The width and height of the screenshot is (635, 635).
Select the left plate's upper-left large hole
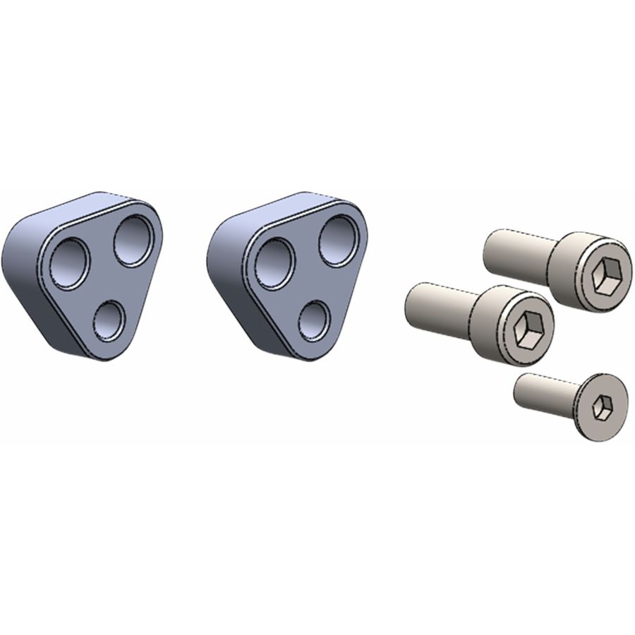click(x=69, y=263)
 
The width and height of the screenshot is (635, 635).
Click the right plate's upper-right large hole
click(x=338, y=241)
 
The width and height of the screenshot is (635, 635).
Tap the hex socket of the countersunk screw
click(x=601, y=407)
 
